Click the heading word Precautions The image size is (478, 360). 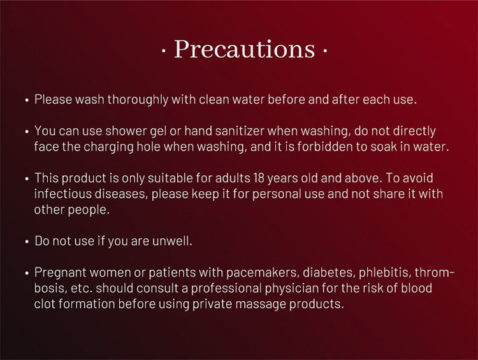(244, 49)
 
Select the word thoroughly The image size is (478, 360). (138, 99)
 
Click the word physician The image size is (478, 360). (291, 289)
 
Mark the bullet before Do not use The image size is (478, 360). (27, 241)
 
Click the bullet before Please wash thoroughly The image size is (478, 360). (27, 100)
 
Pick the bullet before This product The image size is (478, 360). (27, 179)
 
